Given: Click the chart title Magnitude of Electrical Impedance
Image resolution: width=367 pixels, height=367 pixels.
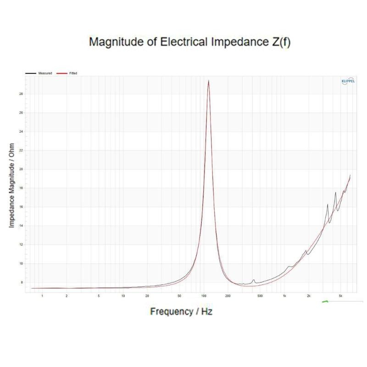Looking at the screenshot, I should point(189,42).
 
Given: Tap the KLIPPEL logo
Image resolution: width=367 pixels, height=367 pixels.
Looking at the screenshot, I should point(347,81).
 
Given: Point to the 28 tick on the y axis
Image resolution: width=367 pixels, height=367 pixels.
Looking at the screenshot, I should point(21,94).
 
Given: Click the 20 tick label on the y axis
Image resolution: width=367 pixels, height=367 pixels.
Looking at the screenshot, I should point(21,169).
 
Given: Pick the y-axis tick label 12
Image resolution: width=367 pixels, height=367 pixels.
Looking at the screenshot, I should point(21,245).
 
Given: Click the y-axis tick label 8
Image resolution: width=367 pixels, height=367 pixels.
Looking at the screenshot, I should point(21,282).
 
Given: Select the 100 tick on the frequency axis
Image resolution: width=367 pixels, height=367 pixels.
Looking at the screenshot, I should point(203,296).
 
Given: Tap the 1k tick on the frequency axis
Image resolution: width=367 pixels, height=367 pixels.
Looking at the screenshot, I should point(284,296).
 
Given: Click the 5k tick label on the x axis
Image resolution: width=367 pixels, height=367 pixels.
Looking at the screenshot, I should point(341,296).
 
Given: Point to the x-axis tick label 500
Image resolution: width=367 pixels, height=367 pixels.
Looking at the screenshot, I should point(260,296).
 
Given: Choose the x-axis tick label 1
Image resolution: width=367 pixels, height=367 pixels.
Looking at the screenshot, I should point(42,296).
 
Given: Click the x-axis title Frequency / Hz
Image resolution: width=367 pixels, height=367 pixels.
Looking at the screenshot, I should point(181,311).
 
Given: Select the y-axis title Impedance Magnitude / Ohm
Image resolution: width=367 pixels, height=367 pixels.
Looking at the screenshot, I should point(11,186).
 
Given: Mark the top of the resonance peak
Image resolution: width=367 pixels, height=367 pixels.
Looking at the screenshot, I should point(209,81).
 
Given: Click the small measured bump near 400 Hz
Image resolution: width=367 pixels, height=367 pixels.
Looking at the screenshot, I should point(253,280).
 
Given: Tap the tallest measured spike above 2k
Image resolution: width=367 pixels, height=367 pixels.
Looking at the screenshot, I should point(335,193).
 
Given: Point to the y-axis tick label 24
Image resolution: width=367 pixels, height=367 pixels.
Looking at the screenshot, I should point(21,132).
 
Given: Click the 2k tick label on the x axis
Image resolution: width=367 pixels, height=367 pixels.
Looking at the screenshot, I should point(309,296).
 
